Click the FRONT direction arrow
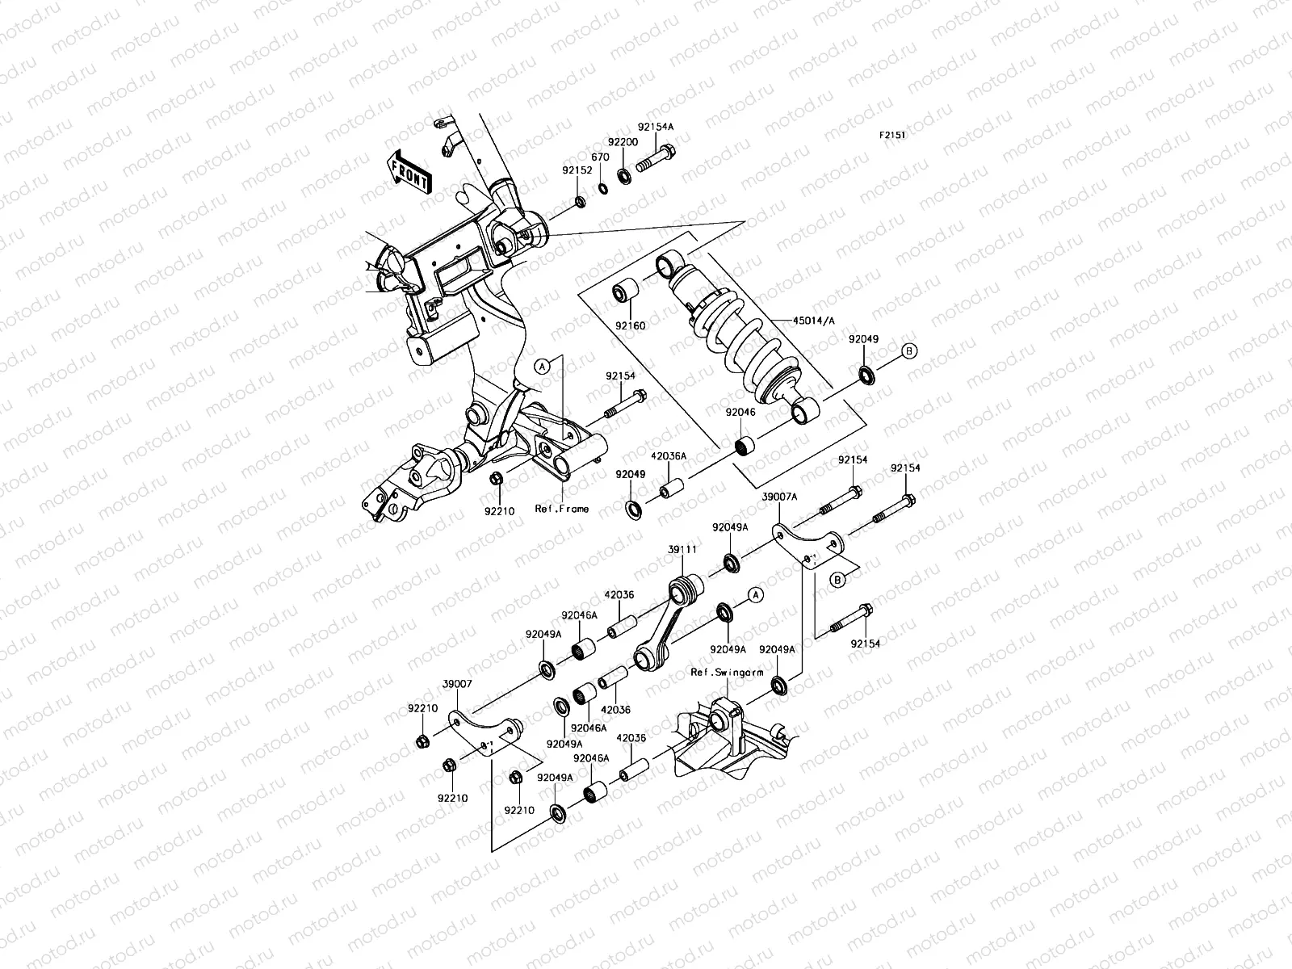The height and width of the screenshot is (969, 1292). [409, 172]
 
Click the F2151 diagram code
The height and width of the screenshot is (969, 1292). [892, 136]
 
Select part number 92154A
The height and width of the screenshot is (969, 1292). [655, 127]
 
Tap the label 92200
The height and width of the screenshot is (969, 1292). [623, 142]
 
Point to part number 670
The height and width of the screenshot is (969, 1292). [600, 157]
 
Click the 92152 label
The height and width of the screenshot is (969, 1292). [577, 170]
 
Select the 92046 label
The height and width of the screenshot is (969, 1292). [740, 412]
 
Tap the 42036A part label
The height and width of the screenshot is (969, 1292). [669, 456]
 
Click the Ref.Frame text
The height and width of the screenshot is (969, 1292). [561, 509]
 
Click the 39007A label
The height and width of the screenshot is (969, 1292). [779, 497]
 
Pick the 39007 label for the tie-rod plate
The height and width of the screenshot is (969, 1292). [457, 683]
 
